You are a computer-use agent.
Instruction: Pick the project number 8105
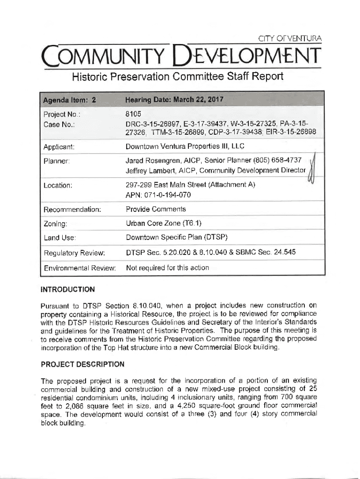pos(134,113)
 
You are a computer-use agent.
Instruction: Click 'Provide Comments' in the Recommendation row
pos(156,209)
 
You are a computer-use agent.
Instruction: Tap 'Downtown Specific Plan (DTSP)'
pos(177,238)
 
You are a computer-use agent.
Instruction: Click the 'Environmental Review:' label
pos(79,269)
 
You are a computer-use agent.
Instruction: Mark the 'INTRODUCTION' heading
pos(68,289)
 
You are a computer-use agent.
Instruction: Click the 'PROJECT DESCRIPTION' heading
pos(83,364)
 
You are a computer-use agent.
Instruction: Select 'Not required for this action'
pos(167,268)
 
